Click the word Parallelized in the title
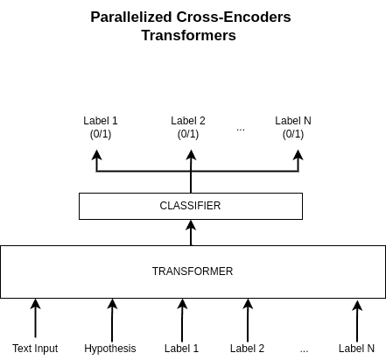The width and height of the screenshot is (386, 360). click(x=130, y=18)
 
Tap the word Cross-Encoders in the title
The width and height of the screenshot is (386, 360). click(x=234, y=17)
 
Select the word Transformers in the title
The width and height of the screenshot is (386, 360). click(x=189, y=35)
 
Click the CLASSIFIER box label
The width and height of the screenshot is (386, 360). click(x=190, y=206)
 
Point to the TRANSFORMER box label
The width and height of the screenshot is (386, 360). click(x=193, y=272)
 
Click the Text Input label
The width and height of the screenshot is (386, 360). click(x=35, y=349)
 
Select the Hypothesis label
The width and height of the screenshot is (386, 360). click(x=110, y=349)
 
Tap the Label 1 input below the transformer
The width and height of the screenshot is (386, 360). click(x=181, y=349)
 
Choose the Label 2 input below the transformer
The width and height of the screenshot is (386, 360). click(x=247, y=349)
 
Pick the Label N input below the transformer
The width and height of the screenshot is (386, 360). click(x=356, y=349)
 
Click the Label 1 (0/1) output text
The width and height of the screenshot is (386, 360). click(x=101, y=127)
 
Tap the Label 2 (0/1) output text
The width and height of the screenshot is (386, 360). click(x=188, y=127)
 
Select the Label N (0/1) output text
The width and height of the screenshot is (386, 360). click(x=293, y=127)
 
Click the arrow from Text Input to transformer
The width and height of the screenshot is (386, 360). click(x=36, y=318)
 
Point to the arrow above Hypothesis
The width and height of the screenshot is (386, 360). click(x=112, y=320)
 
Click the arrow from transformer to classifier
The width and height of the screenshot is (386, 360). click(x=191, y=233)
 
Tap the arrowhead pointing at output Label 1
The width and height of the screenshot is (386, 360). click(x=96, y=155)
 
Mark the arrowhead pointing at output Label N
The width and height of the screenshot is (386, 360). click(x=298, y=155)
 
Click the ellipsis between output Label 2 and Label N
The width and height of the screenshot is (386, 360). click(x=241, y=130)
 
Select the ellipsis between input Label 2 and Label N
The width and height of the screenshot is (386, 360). click(x=304, y=351)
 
